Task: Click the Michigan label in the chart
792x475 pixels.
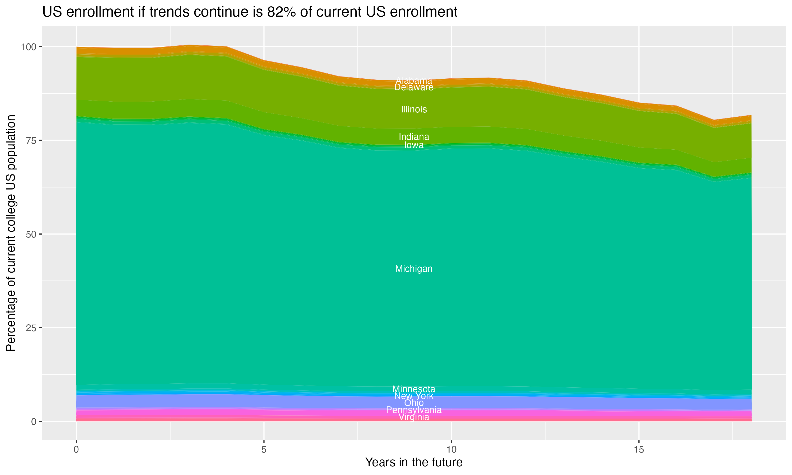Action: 414,269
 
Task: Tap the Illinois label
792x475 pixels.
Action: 414,110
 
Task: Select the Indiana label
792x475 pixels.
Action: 414,137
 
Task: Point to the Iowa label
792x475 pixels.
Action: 414,145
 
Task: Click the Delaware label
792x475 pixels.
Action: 414,87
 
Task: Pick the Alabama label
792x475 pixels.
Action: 414,80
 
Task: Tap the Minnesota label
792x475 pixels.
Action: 414,389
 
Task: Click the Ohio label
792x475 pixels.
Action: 414,403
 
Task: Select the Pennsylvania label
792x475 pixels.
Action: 414,410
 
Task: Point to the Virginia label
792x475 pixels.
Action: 414,417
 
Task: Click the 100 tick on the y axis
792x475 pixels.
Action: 29,47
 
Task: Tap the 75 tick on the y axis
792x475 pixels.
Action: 31,140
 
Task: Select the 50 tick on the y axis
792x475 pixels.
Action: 31,234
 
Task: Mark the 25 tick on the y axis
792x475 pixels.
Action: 31,328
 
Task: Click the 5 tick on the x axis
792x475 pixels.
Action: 264,450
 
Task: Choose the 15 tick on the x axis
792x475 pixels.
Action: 639,450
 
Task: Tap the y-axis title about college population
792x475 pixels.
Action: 11,233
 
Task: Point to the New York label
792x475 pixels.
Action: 414,396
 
